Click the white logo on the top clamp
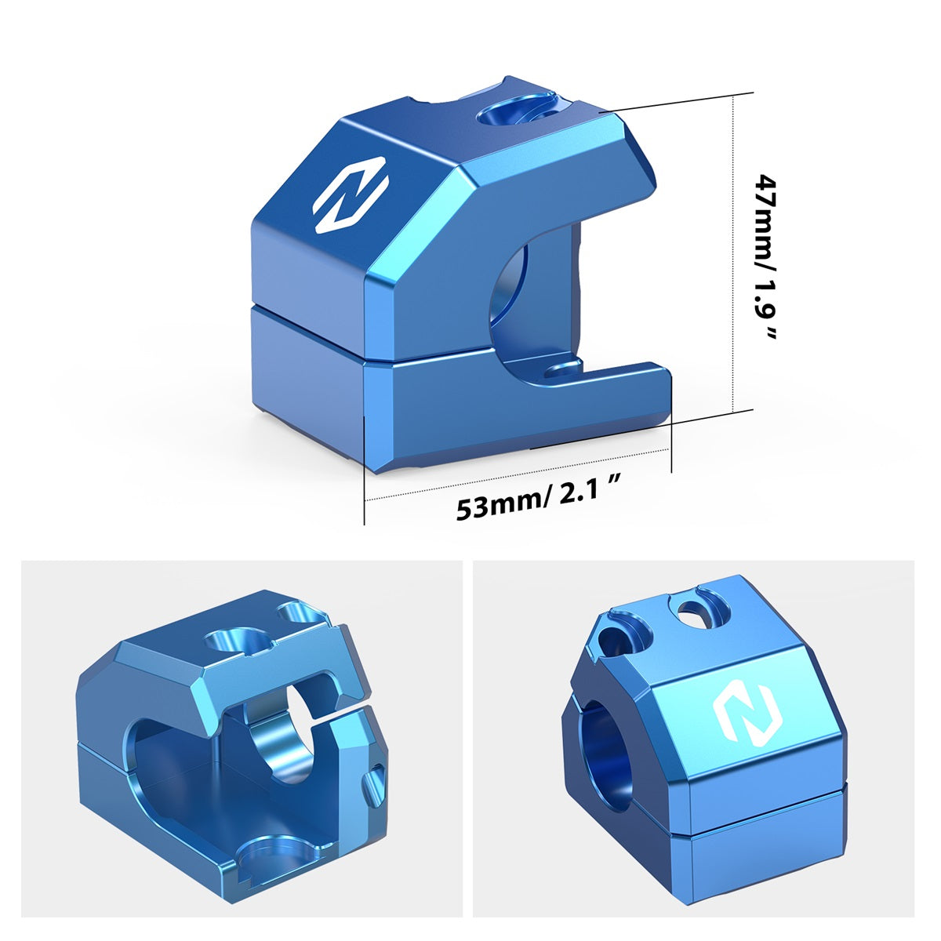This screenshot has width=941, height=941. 351,194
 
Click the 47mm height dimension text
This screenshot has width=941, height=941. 765,256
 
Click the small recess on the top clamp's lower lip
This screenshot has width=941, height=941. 564,369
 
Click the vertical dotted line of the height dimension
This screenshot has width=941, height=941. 733,253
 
